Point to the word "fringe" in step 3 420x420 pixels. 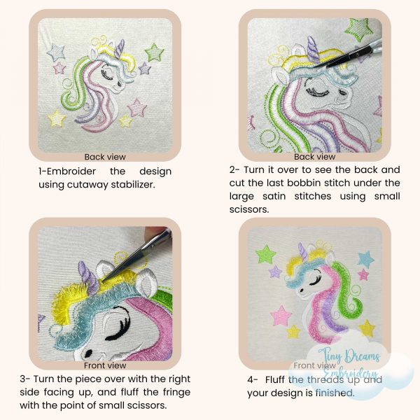click(x=176, y=392)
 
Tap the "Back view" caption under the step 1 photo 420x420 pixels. click(x=105, y=157)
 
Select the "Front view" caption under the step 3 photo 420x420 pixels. click(x=105, y=365)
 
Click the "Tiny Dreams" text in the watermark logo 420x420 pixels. click(x=349, y=356)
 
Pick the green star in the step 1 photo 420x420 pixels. click(x=154, y=52)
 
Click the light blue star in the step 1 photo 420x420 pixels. click(x=56, y=52)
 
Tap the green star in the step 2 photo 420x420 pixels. click(x=359, y=29)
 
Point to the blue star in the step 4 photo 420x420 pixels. click(x=366, y=260)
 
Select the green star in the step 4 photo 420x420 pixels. click(x=265, y=254)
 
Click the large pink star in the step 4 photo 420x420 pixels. click(x=281, y=315)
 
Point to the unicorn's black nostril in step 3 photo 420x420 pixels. click(x=88, y=353)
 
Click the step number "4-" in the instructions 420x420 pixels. click(x=253, y=380)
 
